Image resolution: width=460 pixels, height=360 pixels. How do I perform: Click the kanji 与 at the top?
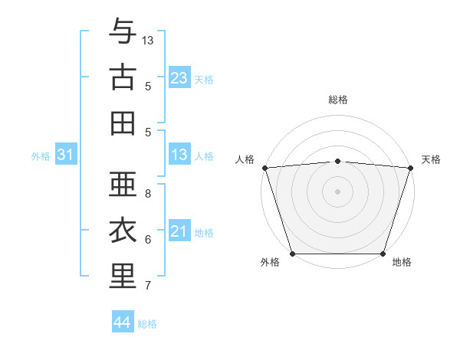point(123,32)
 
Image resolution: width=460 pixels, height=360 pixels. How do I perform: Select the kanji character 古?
point(123,77)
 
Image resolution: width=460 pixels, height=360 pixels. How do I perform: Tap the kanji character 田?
point(123,123)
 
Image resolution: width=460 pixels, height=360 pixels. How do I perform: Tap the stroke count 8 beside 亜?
point(148,193)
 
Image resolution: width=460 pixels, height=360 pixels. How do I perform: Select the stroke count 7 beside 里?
point(148,286)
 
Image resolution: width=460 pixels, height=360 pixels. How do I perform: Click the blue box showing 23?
point(179,78)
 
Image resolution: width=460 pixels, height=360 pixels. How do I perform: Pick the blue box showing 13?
point(179,155)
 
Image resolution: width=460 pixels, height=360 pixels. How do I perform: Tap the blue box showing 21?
point(179,231)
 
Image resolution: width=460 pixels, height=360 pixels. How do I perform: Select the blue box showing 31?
point(65,155)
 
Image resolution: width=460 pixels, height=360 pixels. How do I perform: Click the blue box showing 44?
point(122,322)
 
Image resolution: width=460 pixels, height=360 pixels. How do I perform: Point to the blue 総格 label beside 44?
point(147,324)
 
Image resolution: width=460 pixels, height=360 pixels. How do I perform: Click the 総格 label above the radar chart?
point(337,100)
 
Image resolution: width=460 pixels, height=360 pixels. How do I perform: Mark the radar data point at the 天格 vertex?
point(410,168)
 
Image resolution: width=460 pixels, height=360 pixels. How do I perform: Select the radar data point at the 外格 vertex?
point(292,254)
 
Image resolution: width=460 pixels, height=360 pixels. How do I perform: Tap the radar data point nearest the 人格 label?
point(264,168)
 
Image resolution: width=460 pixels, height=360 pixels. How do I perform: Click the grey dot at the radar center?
point(337,191)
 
